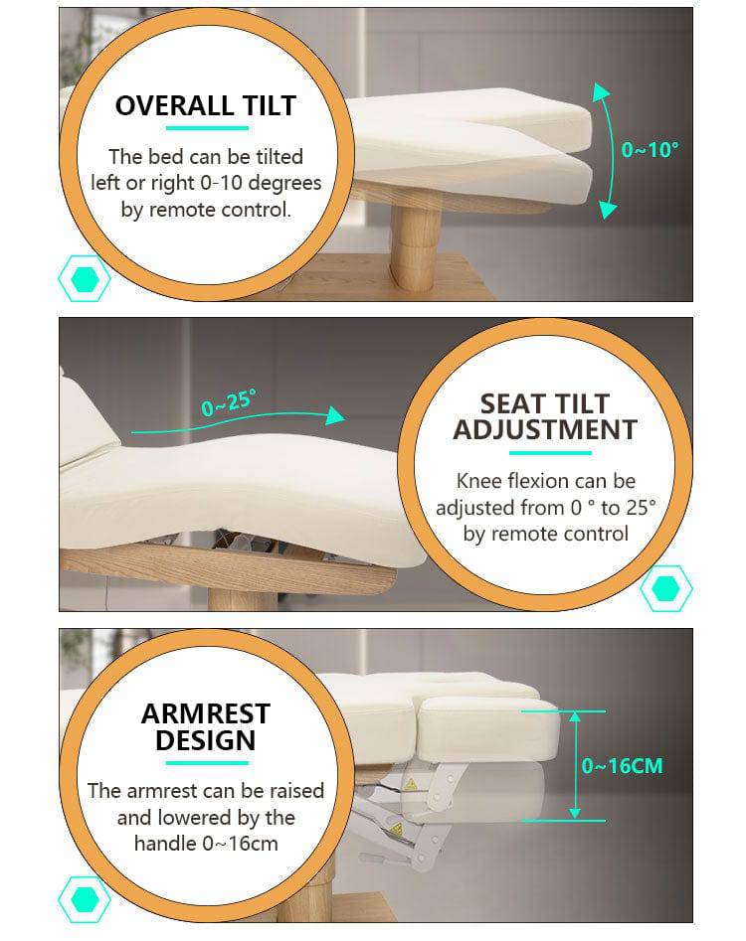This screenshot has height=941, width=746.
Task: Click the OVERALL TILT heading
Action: click(x=206, y=105)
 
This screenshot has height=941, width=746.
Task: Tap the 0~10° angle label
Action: click(x=650, y=149)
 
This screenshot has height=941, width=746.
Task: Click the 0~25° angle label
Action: click(x=229, y=402)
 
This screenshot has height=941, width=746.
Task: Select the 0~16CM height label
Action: click(x=623, y=766)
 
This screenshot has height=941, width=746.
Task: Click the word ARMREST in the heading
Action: click(x=206, y=713)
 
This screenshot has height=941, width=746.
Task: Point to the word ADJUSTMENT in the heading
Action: click(x=545, y=430)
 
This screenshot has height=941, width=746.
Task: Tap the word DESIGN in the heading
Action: click(x=206, y=740)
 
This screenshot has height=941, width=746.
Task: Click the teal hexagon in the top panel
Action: click(x=85, y=278)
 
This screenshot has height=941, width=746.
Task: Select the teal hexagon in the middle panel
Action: click(x=666, y=588)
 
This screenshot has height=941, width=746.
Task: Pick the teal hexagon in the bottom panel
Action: click(x=85, y=899)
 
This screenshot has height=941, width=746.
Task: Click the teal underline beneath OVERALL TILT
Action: click(x=207, y=128)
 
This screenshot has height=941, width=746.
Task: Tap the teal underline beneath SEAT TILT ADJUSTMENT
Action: click(x=550, y=453)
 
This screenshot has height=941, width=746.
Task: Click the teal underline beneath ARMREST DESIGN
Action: click(x=207, y=763)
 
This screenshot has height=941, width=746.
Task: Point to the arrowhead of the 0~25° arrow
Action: click(x=335, y=415)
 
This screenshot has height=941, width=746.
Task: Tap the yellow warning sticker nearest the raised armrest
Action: click(x=410, y=784)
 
